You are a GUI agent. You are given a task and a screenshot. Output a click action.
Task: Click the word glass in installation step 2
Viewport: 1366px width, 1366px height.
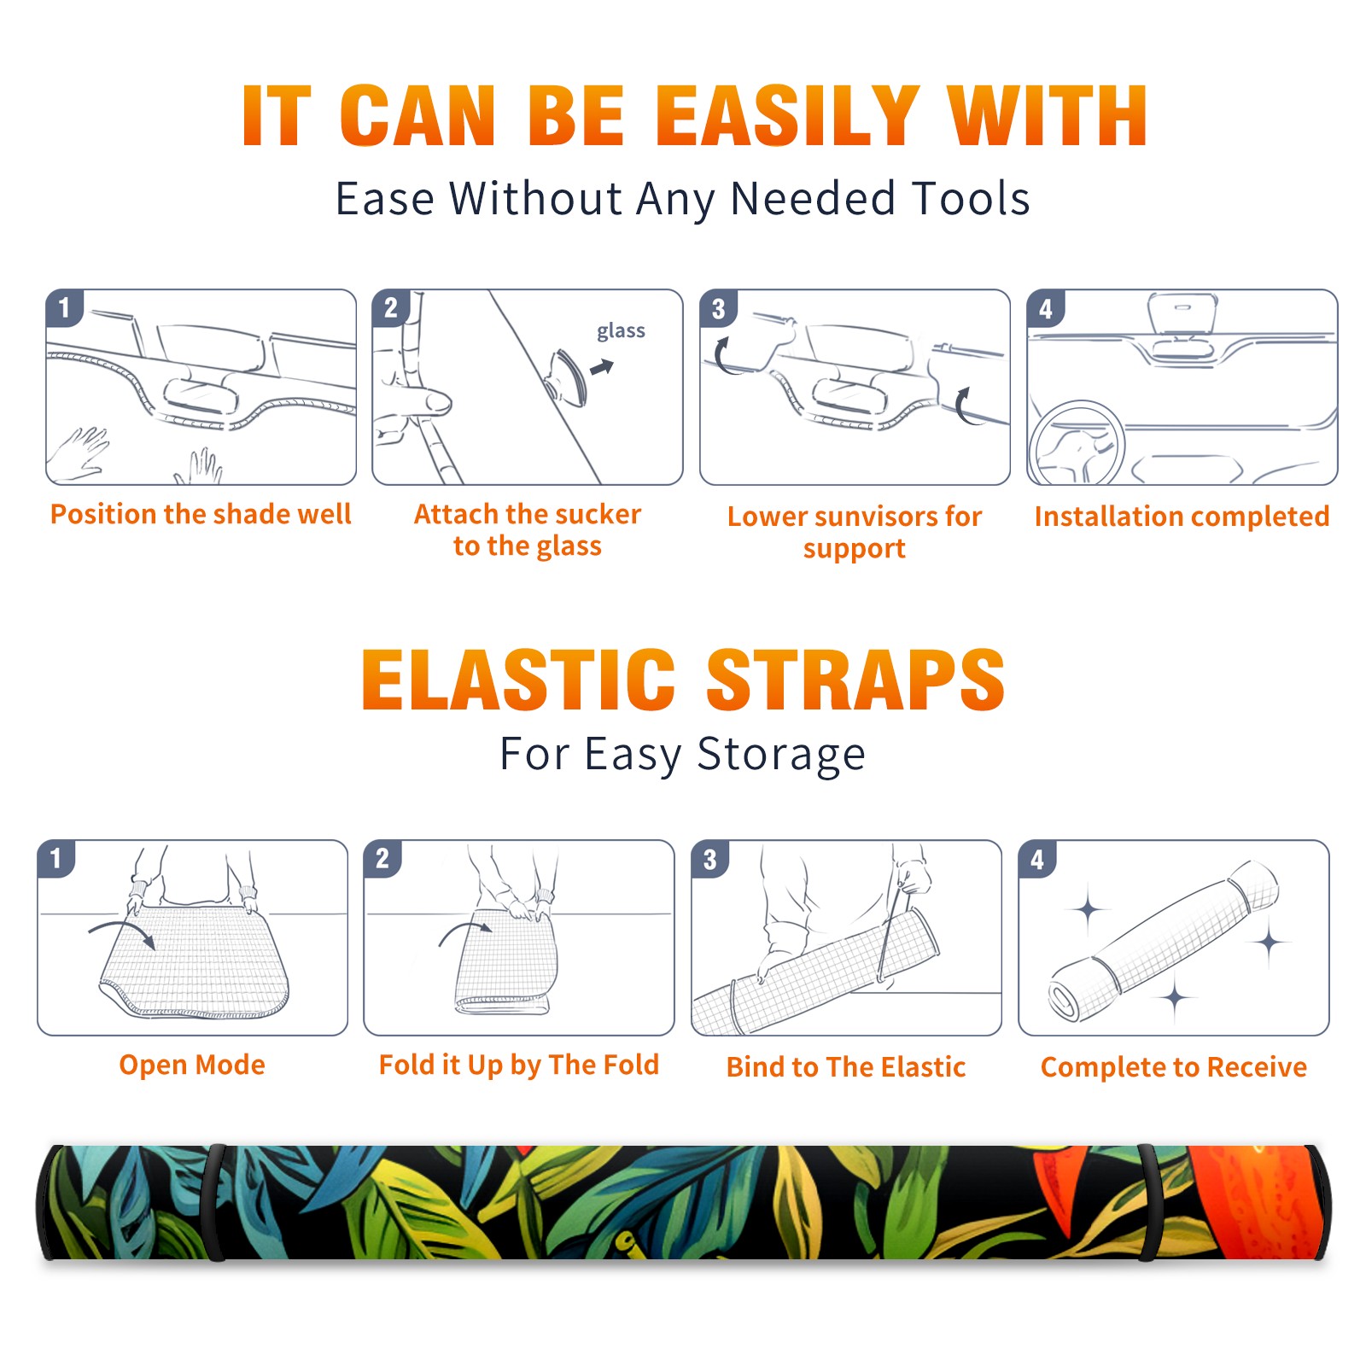(x=621, y=331)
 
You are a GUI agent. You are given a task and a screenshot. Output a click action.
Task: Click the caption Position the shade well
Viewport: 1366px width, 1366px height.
(x=201, y=514)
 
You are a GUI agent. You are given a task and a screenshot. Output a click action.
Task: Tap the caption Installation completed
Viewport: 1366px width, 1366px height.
(x=1182, y=517)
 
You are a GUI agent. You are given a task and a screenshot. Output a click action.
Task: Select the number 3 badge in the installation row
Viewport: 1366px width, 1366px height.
(x=718, y=309)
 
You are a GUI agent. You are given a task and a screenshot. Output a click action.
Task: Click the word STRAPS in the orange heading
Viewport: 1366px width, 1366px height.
(x=855, y=680)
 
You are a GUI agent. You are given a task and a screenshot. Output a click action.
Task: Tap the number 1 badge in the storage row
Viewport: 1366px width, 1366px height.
(x=56, y=859)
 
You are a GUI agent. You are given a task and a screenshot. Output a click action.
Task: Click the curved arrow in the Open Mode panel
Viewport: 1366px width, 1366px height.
(x=122, y=931)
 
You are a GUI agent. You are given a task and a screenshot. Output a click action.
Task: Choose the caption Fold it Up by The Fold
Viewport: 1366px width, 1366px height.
(x=519, y=1065)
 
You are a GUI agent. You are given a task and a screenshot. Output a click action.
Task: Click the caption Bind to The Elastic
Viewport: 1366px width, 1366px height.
(x=846, y=1067)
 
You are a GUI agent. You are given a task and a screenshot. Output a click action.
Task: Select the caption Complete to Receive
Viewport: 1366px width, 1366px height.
(x=1174, y=1067)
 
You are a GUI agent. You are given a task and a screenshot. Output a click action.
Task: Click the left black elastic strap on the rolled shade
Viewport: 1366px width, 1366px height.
(x=215, y=1202)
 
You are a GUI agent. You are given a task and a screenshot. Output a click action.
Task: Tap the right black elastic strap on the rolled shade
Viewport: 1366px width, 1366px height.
(x=1147, y=1202)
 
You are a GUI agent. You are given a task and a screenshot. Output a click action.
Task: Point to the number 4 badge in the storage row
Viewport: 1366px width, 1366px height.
(x=1037, y=859)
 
